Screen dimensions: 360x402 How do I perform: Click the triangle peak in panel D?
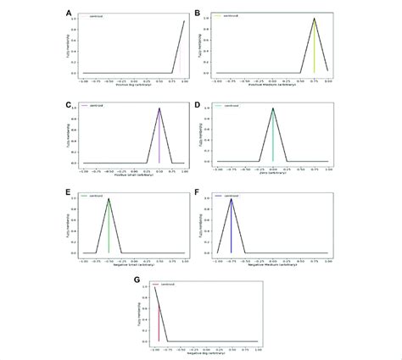pos(272,108)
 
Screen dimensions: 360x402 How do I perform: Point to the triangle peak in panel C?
pos(159,108)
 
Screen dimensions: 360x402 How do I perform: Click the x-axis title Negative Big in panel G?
pos(206,352)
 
